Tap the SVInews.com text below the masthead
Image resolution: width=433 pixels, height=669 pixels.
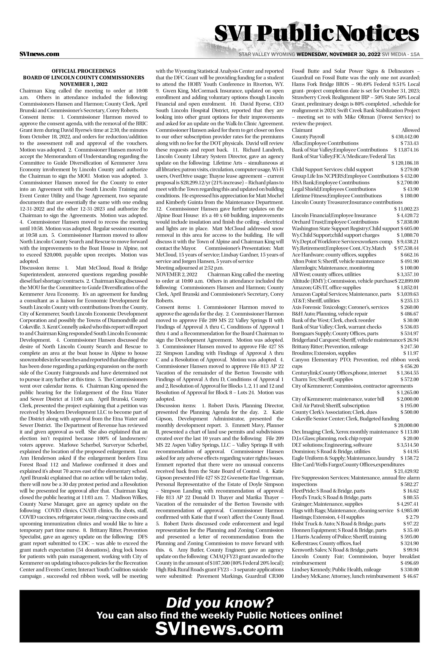pyautogui.click(x=39, y=54)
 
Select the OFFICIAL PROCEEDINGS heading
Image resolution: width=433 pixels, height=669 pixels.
pyautogui.click(x=83, y=71)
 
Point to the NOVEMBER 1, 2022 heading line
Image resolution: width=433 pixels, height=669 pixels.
pyautogui.click(x=83, y=84)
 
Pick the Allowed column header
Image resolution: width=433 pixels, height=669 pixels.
pyautogui.click(x=411, y=130)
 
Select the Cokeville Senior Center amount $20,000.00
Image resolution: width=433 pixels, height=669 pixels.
pyautogui.click(x=406, y=425)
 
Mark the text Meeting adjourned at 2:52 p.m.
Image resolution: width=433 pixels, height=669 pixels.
pyautogui.click(x=189, y=268)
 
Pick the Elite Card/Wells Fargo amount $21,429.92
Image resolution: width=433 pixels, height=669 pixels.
pyautogui.click(x=406, y=471)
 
